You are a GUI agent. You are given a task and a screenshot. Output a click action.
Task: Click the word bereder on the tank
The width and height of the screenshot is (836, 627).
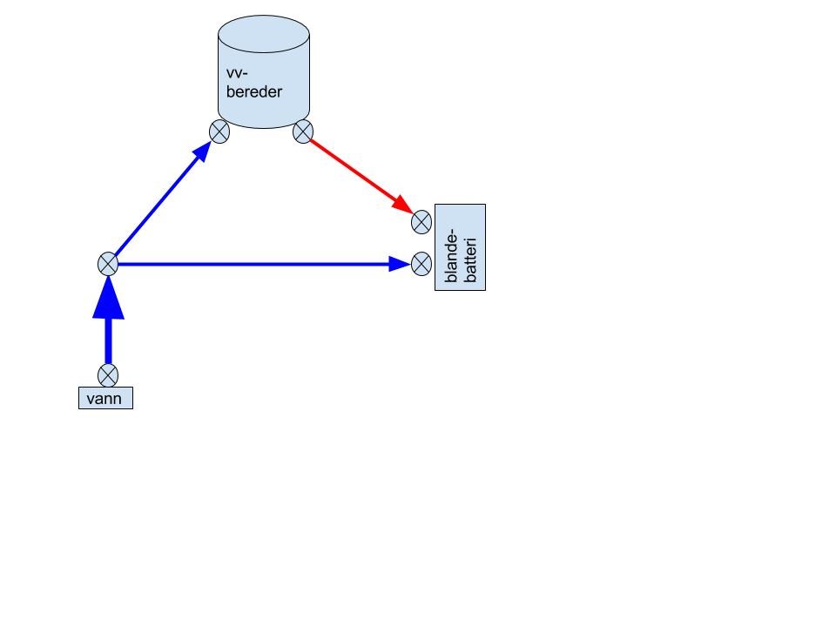click(x=254, y=91)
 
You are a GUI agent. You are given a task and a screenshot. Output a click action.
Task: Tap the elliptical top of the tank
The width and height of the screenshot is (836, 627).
click(x=263, y=35)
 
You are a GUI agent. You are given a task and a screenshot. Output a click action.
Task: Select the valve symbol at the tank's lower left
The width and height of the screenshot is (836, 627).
click(x=219, y=131)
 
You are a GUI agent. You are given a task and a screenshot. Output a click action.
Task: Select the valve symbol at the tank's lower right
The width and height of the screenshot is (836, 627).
click(x=302, y=131)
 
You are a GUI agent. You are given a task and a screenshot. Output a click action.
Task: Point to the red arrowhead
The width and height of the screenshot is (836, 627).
click(x=402, y=206)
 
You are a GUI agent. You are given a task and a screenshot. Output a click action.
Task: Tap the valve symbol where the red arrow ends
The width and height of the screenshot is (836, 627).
click(x=421, y=222)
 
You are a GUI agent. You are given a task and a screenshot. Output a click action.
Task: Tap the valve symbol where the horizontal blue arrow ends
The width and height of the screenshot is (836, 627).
click(x=421, y=263)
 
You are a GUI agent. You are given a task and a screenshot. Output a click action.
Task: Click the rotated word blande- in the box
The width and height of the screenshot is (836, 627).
click(x=451, y=256)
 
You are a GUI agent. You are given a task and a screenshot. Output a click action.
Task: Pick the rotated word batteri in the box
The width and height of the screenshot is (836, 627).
click(x=470, y=253)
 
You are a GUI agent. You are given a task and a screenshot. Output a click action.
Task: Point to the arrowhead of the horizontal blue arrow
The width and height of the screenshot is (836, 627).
click(x=400, y=263)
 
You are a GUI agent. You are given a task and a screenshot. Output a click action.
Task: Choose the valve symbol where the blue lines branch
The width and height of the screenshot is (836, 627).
click(x=107, y=263)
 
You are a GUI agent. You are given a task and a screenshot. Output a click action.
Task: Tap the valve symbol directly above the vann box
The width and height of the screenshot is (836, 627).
click(x=107, y=375)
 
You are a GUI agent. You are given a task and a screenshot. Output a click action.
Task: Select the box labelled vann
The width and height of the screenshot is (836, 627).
click(x=105, y=400)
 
